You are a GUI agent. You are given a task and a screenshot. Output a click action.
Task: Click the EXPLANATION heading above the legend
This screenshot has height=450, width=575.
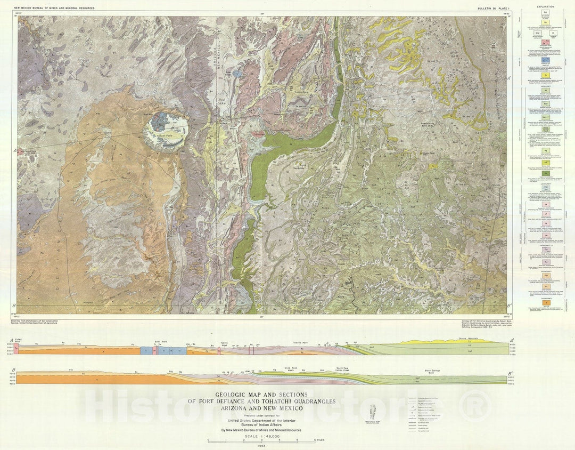point(545,7)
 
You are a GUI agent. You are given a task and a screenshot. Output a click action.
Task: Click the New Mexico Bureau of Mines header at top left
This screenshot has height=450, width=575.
point(55,9)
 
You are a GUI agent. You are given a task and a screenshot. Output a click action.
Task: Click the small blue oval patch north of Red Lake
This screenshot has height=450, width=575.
point(236,74)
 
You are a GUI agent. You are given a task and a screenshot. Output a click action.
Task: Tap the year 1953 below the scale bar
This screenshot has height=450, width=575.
point(262,445)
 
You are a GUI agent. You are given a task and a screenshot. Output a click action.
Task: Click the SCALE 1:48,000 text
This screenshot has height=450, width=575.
point(262,436)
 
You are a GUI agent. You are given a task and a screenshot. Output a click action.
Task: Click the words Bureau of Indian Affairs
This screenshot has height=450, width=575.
point(261,424)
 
